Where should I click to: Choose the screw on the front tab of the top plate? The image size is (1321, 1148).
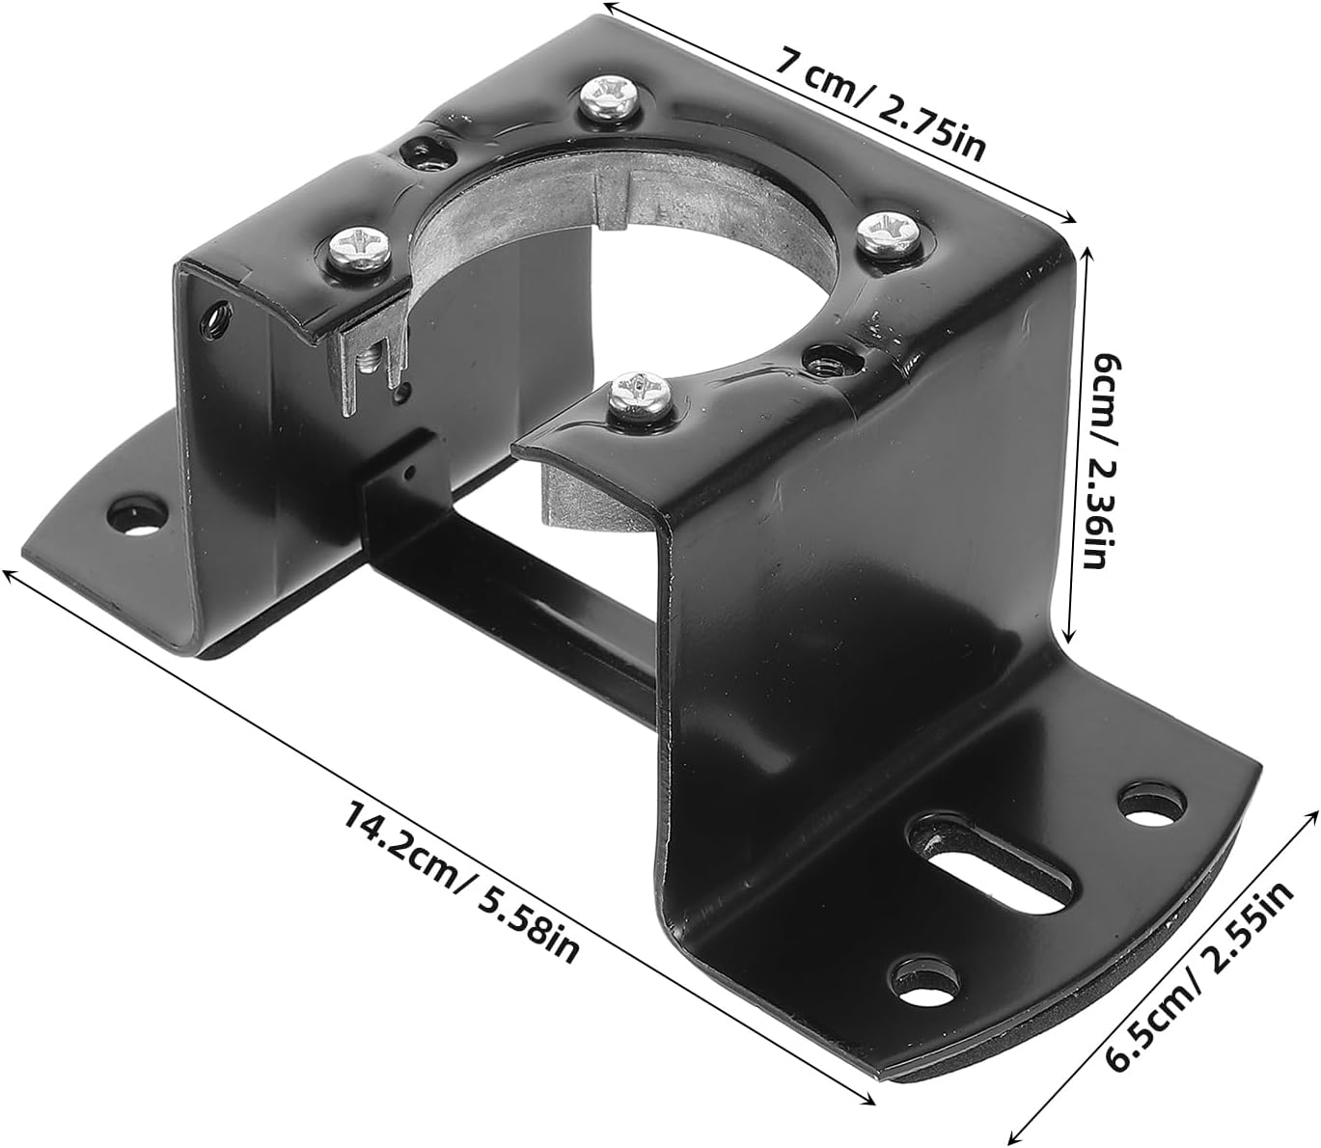coord(638,395)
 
